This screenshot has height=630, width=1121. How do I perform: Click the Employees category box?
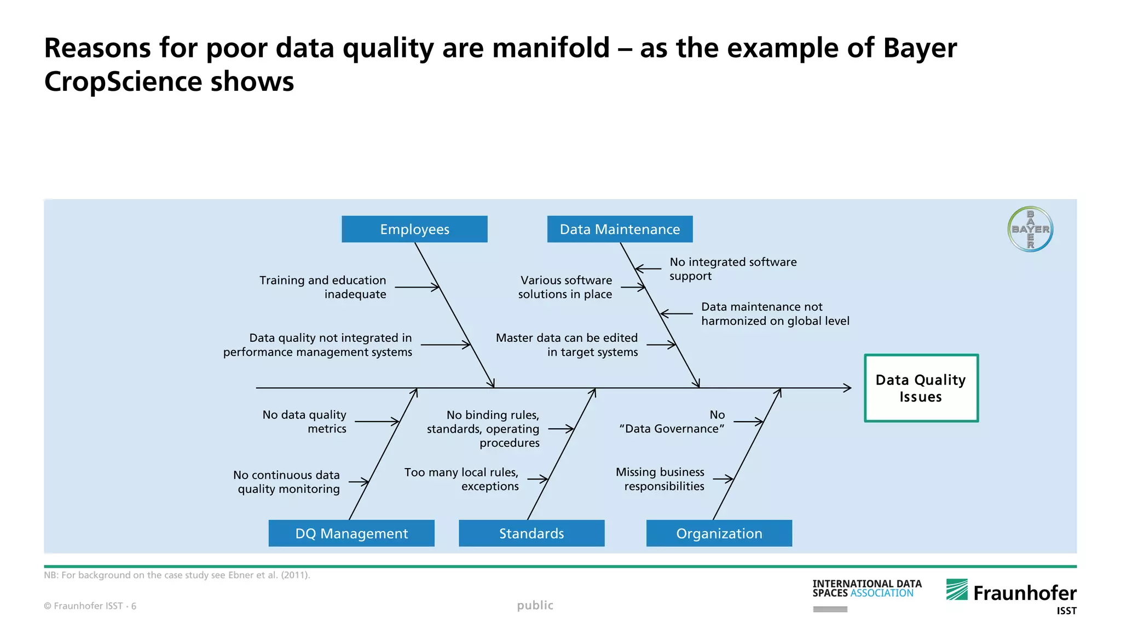(x=414, y=229)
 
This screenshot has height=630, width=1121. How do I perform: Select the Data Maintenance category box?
(x=620, y=229)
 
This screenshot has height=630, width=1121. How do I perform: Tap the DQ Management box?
(x=351, y=533)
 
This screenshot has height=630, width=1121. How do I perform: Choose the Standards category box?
(x=531, y=533)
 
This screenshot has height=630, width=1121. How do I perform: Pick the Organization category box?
(x=719, y=533)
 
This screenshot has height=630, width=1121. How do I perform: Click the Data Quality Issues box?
(x=921, y=388)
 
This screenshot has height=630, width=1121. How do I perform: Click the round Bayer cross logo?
(x=1030, y=229)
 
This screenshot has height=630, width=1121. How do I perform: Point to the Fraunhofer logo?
(x=1012, y=593)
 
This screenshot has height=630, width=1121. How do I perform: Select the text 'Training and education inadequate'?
(x=323, y=287)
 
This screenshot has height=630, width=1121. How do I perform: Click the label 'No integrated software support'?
(x=732, y=269)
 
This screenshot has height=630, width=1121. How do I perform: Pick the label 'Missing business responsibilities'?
(x=660, y=479)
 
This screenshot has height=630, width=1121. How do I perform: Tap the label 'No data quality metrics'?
(x=305, y=422)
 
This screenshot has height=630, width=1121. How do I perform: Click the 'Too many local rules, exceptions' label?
(x=461, y=479)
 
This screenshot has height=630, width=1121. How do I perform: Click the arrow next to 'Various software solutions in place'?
(x=633, y=287)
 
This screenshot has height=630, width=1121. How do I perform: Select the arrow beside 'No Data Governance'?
(x=748, y=422)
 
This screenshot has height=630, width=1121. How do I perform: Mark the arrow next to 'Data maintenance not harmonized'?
(x=677, y=314)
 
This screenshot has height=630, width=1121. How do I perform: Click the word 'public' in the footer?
(x=535, y=605)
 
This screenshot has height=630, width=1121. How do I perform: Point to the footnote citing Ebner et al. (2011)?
(x=177, y=575)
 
